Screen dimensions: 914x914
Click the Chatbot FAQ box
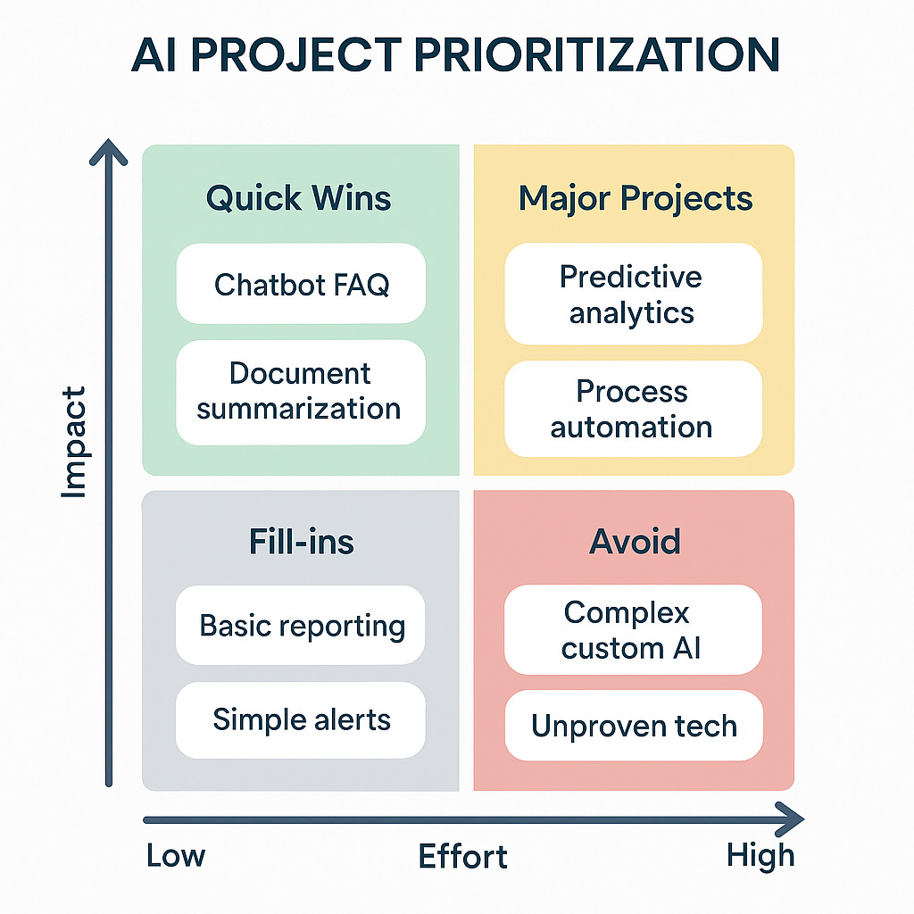pos(301,284)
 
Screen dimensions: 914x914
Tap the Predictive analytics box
pos(633,295)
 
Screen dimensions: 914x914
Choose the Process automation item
pos(633,409)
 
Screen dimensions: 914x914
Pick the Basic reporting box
pos(301,626)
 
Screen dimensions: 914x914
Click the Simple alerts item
pos(301,719)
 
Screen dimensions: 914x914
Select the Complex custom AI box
pos(633,630)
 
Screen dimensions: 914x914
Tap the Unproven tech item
pos(633,726)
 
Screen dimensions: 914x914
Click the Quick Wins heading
pos(299,198)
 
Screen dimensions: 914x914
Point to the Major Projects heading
pos(636,198)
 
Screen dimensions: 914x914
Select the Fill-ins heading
pos(301,542)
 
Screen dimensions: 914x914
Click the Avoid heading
pos(635,542)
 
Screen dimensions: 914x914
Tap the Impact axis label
pos(74,442)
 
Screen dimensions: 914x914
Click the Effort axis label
pos(462,857)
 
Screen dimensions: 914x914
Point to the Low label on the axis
pos(176,856)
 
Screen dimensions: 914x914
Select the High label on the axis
pos(760,856)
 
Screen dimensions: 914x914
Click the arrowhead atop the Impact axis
pos(108,152)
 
